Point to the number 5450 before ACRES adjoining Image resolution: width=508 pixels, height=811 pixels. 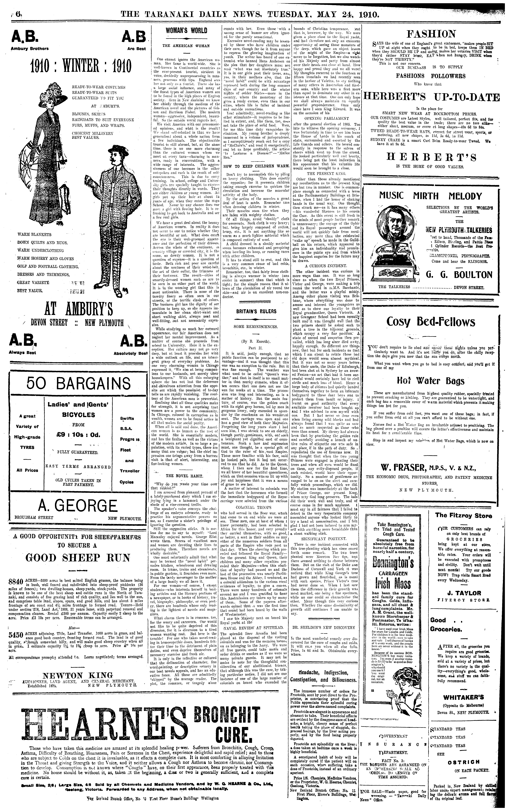(x=16, y=634)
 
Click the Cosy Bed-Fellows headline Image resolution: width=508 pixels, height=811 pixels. (x=431, y=322)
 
